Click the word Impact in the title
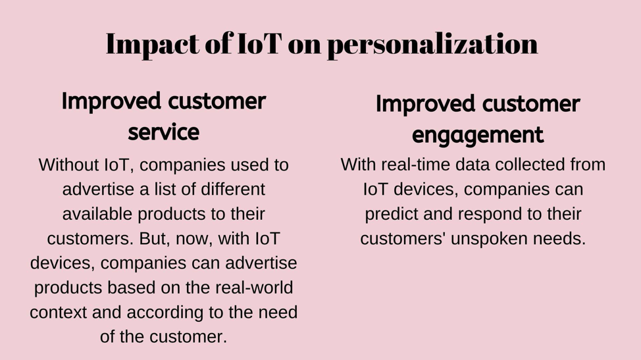153,45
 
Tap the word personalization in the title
432,45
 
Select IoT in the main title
260,43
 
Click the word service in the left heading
163,132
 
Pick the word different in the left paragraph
233,190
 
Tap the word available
97,214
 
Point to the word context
58,313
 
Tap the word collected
525,165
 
